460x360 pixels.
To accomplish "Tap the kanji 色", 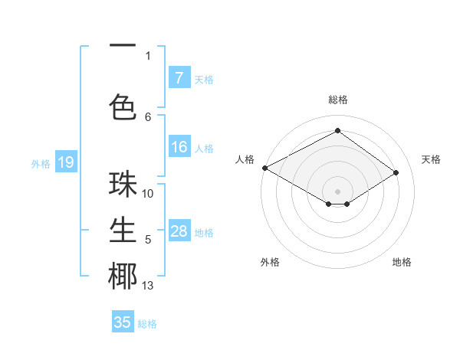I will (123, 105).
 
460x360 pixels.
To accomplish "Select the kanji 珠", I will (123, 185).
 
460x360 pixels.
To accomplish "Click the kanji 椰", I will (123, 277).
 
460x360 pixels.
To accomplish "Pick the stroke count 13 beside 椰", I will (148, 286).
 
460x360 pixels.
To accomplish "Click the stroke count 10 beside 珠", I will (148, 194).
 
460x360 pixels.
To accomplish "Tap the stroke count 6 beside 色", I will (148, 116).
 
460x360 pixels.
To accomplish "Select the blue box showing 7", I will (179, 78).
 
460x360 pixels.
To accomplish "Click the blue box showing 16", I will (179, 147).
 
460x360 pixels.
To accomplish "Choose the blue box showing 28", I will (179, 231).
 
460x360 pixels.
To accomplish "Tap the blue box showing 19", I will (65, 162).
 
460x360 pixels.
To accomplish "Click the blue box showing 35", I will (123, 322).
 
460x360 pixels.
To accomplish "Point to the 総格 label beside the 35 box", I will (147, 324).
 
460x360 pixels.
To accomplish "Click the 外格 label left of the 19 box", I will (41, 163).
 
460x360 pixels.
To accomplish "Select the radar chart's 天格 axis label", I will (431, 159).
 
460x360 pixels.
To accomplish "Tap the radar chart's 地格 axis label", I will (402, 262).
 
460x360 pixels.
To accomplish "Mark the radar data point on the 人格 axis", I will (264, 168).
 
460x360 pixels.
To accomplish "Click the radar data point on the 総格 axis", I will (337, 131).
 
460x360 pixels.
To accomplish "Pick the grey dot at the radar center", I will (337, 190).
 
